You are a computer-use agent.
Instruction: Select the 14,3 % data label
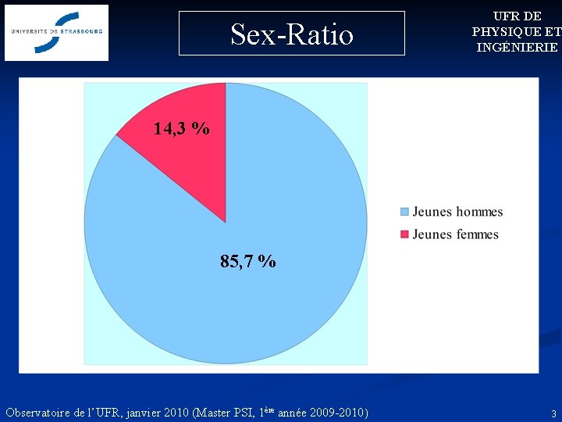[x=181, y=128]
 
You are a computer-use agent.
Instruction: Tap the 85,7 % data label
[x=247, y=262]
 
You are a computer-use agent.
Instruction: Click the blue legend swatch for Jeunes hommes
[x=404, y=212]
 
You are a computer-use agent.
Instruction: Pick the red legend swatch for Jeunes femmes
[x=404, y=234]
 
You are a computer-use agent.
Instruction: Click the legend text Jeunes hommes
[x=457, y=212]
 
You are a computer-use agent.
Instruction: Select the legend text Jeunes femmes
[x=455, y=234]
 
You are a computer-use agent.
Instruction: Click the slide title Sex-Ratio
[x=292, y=34]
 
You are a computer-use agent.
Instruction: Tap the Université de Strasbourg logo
[x=57, y=33]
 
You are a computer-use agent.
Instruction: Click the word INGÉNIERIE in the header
[x=517, y=47]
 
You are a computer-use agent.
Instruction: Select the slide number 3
[x=553, y=413]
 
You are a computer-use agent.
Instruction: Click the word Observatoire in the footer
[x=41, y=412]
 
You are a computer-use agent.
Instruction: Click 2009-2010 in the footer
[x=337, y=412]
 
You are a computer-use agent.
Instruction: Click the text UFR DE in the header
[x=517, y=16]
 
